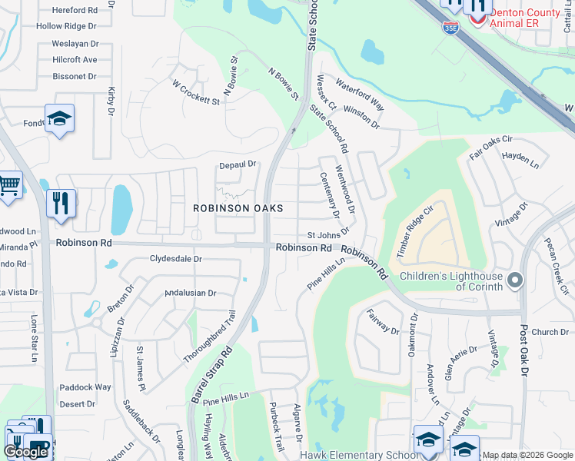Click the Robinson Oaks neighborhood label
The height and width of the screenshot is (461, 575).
click(x=238, y=208)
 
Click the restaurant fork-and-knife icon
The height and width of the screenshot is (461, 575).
click(x=61, y=204)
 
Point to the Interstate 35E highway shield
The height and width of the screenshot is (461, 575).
click(x=450, y=28)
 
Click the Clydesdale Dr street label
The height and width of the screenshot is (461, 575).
click(x=176, y=259)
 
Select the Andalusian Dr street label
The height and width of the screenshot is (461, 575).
click(x=191, y=293)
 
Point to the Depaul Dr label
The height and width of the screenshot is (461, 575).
click(x=237, y=164)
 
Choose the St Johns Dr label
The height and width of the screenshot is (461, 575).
click(x=328, y=233)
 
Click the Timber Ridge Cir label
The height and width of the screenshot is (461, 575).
click(x=417, y=226)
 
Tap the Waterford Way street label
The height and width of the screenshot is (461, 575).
click(x=359, y=92)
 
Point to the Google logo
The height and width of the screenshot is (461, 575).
click(x=25, y=452)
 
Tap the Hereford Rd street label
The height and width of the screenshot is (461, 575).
click(x=75, y=11)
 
